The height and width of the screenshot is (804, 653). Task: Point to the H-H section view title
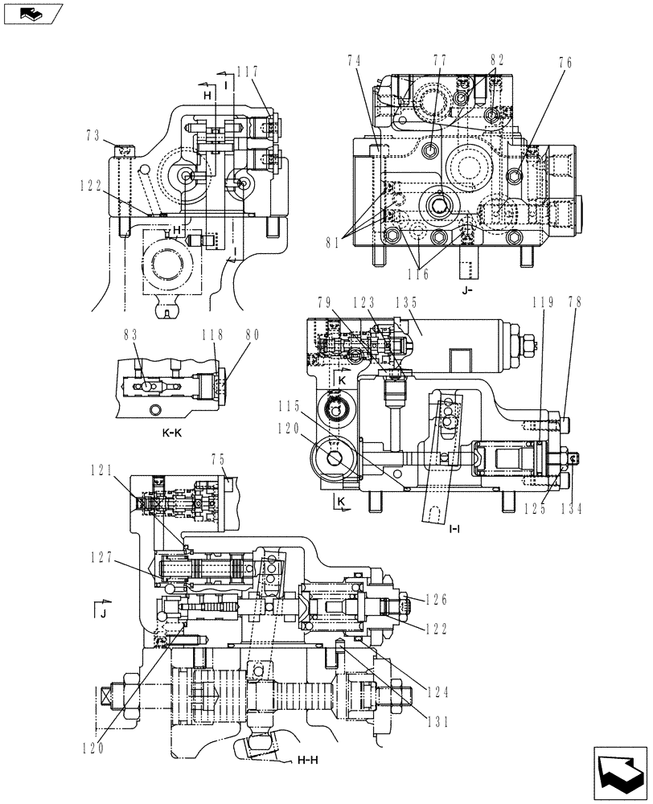click(x=308, y=759)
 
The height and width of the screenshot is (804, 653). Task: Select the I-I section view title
click(x=454, y=529)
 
